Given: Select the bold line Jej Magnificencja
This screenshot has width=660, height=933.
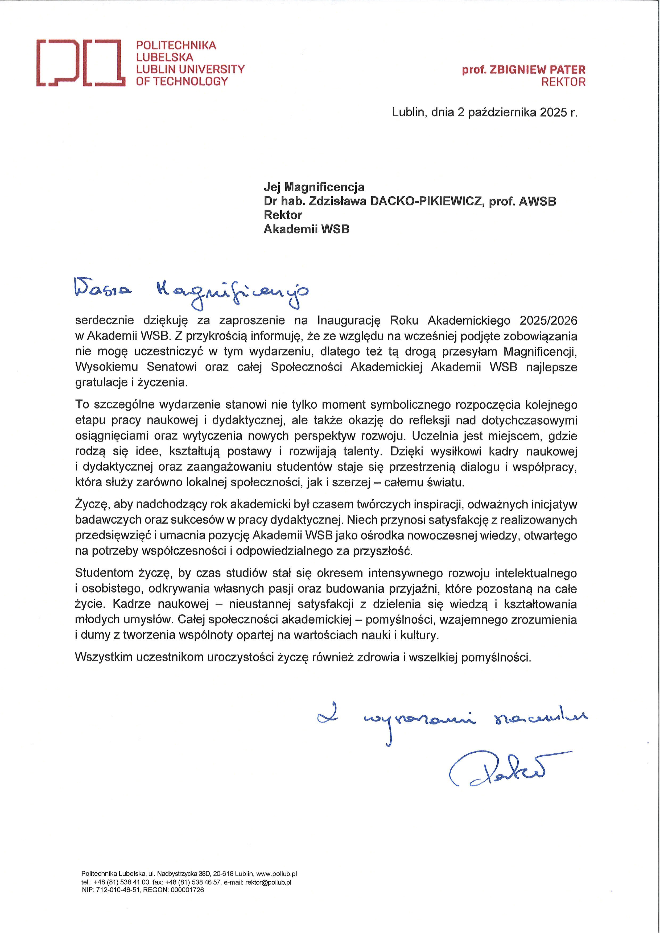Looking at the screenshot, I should [x=314, y=187].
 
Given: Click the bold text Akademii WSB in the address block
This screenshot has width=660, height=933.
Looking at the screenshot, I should [x=306, y=229].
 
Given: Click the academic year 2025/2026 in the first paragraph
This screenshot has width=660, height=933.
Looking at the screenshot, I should [x=548, y=321].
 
